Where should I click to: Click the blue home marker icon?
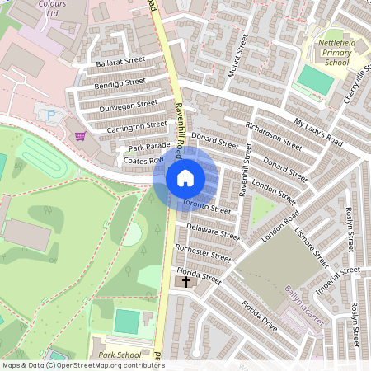pyautogui.click(x=185, y=177)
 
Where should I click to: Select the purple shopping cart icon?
pyautogui.click(x=80, y=136)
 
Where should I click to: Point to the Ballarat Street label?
pyautogui.click(x=119, y=61)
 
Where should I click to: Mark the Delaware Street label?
pyautogui.click(x=212, y=232)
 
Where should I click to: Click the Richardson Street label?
pyautogui.click(x=274, y=133)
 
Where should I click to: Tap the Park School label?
pyautogui.click(x=116, y=355)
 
